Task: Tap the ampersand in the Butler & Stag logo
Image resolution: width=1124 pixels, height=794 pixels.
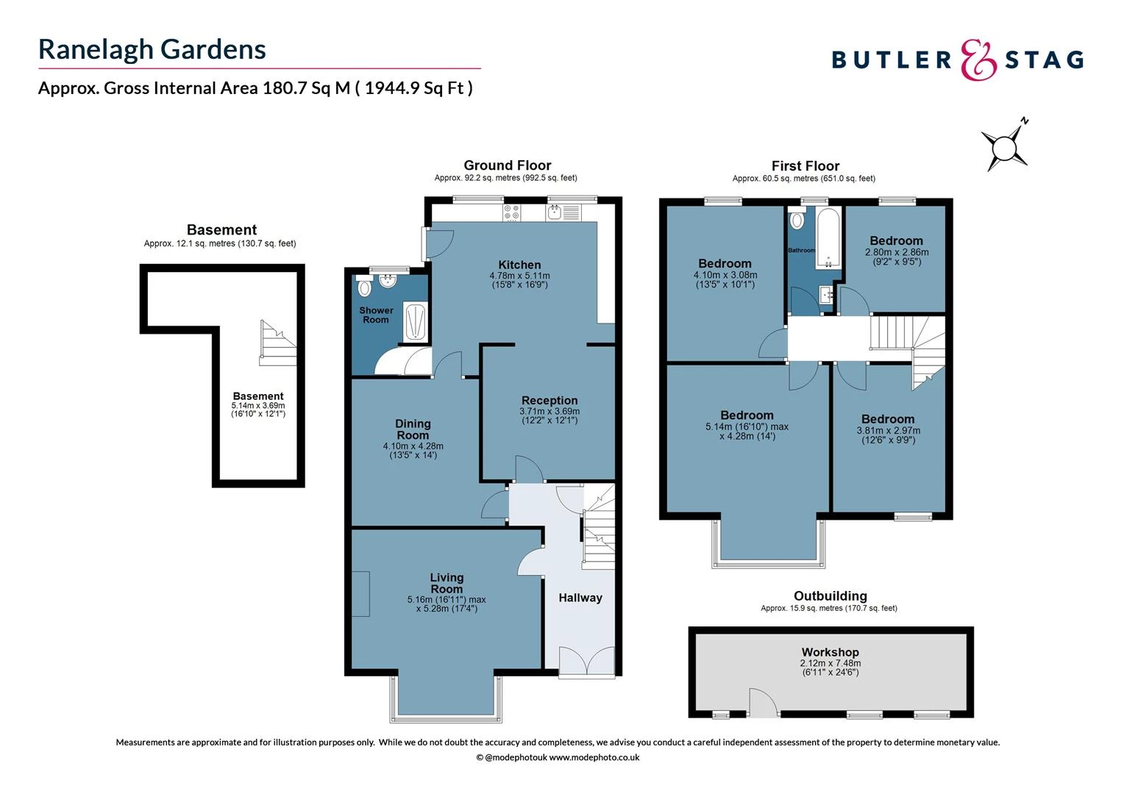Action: pos(978,60)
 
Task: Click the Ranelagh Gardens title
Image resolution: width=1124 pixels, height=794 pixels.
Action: pos(152,49)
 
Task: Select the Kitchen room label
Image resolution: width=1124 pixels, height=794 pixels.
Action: pos(519,265)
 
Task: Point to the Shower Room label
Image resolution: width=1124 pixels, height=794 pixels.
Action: pos(376,315)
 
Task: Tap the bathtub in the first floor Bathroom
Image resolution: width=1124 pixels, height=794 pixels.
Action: pos(828,237)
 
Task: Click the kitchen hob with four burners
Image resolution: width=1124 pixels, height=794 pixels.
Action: pos(512,213)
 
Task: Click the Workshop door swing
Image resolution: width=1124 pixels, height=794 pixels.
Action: pos(762,703)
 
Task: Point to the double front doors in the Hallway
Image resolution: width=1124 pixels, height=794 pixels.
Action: pos(586,660)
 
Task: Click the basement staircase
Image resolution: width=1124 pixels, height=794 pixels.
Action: pos(277,343)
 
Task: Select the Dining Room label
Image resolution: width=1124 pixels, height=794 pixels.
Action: pos(413,429)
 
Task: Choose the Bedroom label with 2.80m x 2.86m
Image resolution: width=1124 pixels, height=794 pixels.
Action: pos(896,240)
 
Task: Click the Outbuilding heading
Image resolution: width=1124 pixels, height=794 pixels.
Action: pos(830,596)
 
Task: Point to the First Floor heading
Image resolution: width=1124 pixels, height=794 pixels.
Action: pos(805,166)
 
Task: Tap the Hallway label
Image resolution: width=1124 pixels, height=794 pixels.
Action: pos(580,598)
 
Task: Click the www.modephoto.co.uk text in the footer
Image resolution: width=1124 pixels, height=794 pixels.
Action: pos(594,757)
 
